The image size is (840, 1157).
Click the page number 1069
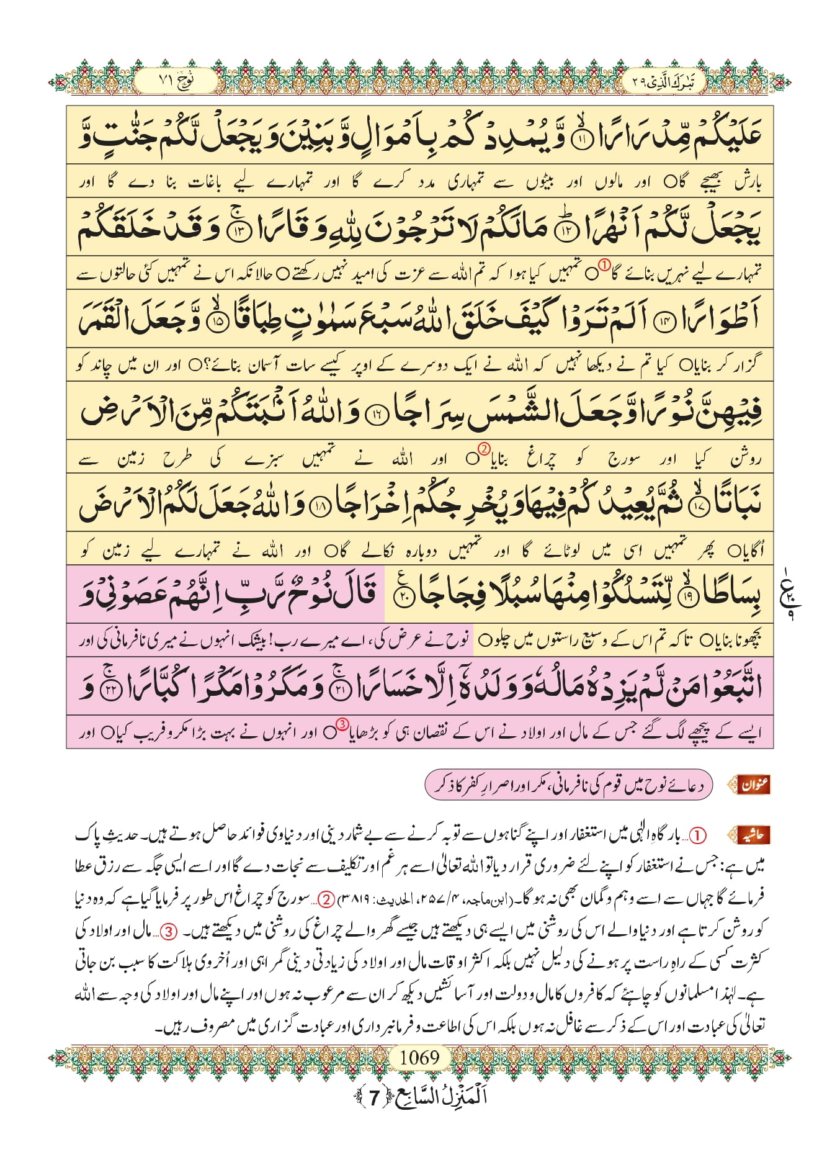click(419, 1057)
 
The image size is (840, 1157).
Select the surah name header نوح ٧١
click(176, 81)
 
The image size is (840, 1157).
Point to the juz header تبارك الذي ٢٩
click(663, 81)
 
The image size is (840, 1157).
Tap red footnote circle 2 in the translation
click(485, 448)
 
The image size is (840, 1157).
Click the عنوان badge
click(753, 785)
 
